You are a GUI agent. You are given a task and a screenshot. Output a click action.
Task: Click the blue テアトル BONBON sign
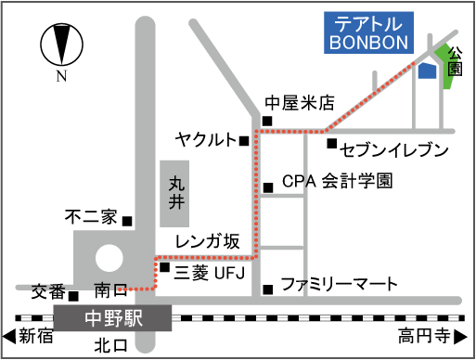point(371,33)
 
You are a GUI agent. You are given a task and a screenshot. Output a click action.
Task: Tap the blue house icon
point(427,71)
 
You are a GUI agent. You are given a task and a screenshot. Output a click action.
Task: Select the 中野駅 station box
point(114,318)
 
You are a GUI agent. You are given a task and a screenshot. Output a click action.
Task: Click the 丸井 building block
point(176,193)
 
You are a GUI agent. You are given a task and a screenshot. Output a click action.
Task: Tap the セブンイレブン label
point(394,149)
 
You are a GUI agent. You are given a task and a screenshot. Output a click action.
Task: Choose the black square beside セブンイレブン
point(331,143)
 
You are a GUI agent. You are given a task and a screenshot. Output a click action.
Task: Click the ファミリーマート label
point(339,283)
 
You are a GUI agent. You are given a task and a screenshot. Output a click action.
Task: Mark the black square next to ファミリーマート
point(267,288)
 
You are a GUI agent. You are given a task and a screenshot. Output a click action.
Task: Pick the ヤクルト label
point(206,139)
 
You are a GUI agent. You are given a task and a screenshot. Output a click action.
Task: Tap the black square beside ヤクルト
point(244,141)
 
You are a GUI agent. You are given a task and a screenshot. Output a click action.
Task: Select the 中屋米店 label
point(299,103)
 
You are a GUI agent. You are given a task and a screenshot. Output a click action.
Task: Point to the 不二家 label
point(90,218)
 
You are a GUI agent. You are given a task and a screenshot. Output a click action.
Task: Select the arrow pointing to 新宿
point(8,334)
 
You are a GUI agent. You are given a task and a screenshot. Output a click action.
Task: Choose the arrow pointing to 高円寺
point(468,334)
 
